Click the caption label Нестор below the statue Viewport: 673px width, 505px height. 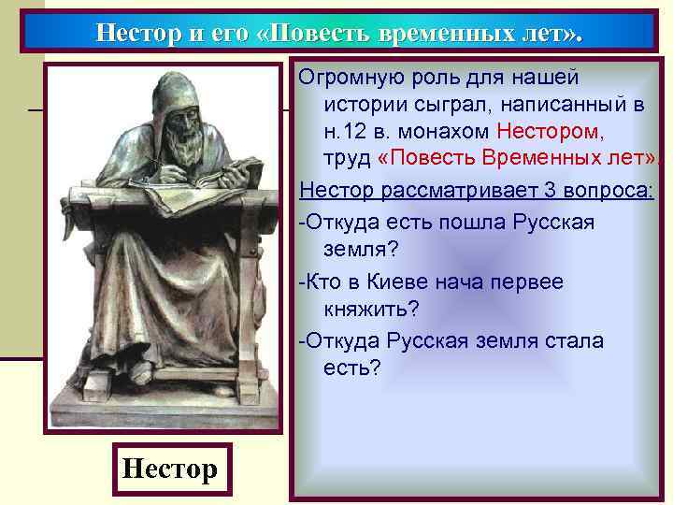169,468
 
